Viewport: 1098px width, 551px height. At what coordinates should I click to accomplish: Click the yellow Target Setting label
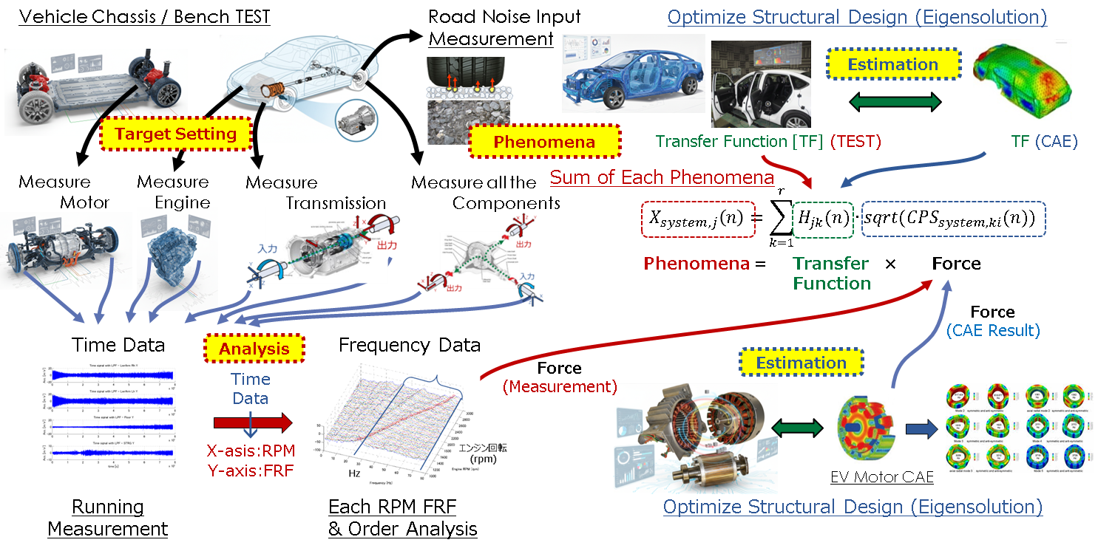pyautogui.click(x=175, y=134)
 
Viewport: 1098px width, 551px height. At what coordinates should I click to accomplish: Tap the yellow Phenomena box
pyautogui.click(x=545, y=141)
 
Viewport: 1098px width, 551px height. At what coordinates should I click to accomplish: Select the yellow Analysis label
pyautogui.click(x=253, y=348)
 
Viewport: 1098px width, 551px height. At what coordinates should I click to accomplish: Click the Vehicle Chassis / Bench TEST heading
pyautogui.click(x=144, y=16)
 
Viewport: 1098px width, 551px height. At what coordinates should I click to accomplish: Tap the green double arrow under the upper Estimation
pyautogui.click(x=893, y=102)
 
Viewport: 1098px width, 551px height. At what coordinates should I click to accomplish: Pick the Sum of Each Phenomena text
pyautogui.click(x=662, y=177)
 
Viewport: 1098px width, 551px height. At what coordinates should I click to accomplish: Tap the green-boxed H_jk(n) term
pyautogui.click(x=822, y=218)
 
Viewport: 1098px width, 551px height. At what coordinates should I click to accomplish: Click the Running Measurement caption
pyautogui.click(x=108, y=518)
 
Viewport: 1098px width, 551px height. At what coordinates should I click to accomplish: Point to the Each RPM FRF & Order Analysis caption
pyautogui.click(x=402, y=518)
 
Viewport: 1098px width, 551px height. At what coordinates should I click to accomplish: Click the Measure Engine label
pyautogui.click(x=173, y=192)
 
